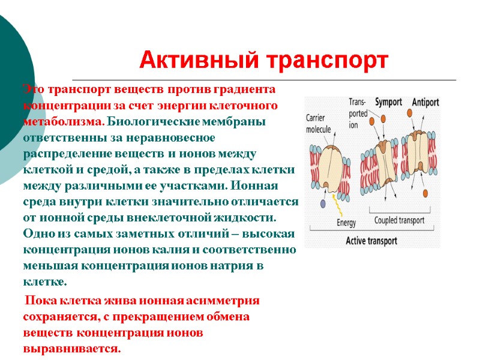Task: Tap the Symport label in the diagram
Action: [x=389, y=102]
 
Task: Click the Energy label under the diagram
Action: [x=346, y=223]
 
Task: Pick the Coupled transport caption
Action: [x=399, y=220]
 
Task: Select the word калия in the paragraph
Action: [x=188, y=250]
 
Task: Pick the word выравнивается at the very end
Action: [x=72, y=349]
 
